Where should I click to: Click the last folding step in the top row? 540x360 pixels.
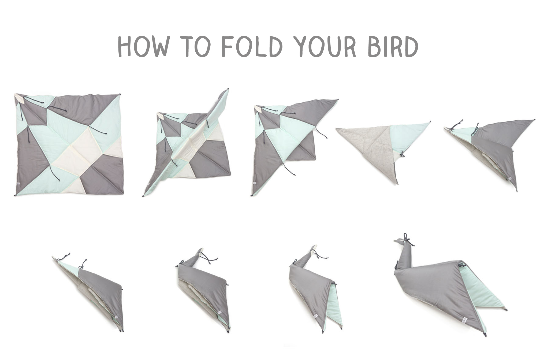[x=490, y=150]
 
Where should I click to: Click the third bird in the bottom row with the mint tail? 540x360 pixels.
[x=316, y=290]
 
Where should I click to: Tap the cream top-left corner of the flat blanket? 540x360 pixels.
[x=19, y=98]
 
